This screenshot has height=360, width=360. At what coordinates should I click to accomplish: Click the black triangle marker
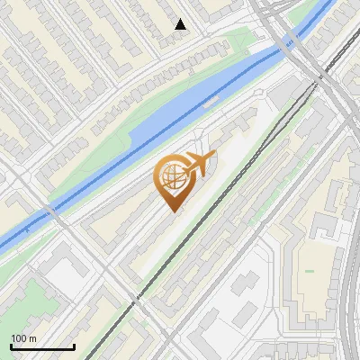click(181, 24)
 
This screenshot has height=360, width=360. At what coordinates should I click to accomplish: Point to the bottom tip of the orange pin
click(171, 212)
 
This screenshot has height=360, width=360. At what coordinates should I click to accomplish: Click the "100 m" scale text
click(24, 338)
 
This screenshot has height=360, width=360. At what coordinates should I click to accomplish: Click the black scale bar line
click(42, 346)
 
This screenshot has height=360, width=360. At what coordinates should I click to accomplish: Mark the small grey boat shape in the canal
click(209, 104)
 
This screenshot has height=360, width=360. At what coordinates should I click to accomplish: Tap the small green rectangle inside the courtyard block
click(310, 270)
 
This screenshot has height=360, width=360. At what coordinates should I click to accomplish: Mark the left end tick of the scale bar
click(11, 346)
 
